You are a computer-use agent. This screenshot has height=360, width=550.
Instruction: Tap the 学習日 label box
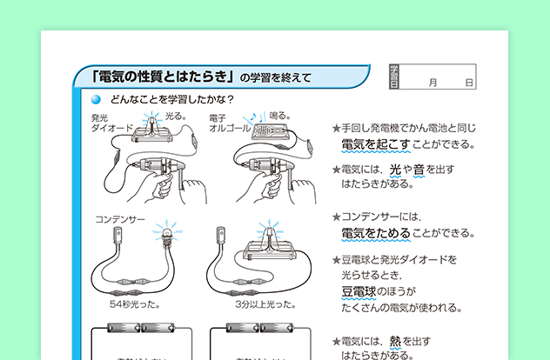tap(393, 76)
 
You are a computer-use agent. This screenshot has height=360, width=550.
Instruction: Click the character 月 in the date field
tap(433, 83)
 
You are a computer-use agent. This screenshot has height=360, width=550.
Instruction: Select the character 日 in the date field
tap(468, 83)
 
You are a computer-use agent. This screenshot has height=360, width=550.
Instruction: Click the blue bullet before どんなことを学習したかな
tap(96, 99)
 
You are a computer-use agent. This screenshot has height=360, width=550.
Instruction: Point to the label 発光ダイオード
tap(111, 122)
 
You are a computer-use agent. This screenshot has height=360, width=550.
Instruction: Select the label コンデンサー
tap(122, 218)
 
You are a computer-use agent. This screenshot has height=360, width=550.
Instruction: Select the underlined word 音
tap(419, 170)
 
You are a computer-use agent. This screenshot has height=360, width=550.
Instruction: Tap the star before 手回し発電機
tap(337, 127)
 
